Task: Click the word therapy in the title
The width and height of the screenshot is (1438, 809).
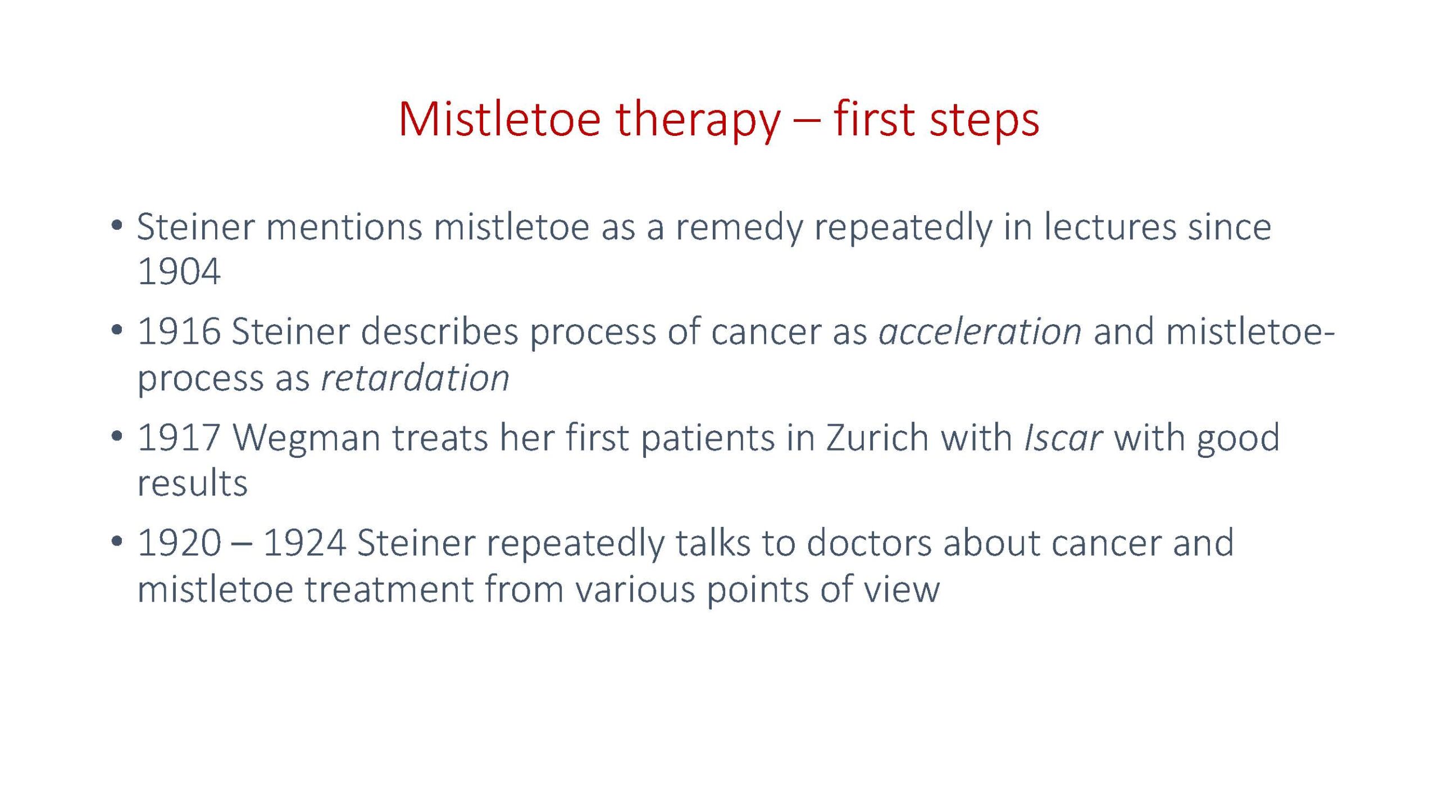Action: (698, 121)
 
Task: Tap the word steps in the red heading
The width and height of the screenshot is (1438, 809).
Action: (984, 120)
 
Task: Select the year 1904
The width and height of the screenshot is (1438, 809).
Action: (179, 272)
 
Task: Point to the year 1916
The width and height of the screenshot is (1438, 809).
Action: (179, 331)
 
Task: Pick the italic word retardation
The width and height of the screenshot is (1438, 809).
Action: (415, 378)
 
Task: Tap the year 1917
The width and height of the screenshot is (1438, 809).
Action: (179, 437)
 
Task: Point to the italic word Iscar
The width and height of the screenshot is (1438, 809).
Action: (1063, 437)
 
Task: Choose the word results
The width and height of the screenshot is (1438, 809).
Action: (192, 484)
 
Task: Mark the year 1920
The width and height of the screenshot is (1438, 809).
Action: (179, 543)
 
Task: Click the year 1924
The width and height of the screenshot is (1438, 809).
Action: (304, 543)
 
